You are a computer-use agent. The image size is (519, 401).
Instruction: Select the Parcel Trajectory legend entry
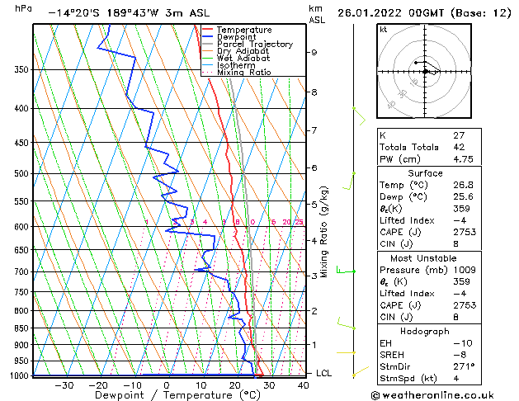point(254,45)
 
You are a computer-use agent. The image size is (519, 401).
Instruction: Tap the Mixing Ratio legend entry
point(243,73)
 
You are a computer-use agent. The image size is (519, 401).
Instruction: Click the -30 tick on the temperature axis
point(64,384)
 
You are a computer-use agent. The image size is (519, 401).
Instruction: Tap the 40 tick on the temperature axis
point(304,384)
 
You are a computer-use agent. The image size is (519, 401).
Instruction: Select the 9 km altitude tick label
point(314,52)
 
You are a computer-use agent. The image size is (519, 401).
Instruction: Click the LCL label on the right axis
point(323,374)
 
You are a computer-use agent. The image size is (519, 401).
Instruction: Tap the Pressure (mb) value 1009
point(465,270)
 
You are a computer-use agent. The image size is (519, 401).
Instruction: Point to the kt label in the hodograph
point(384,29)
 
